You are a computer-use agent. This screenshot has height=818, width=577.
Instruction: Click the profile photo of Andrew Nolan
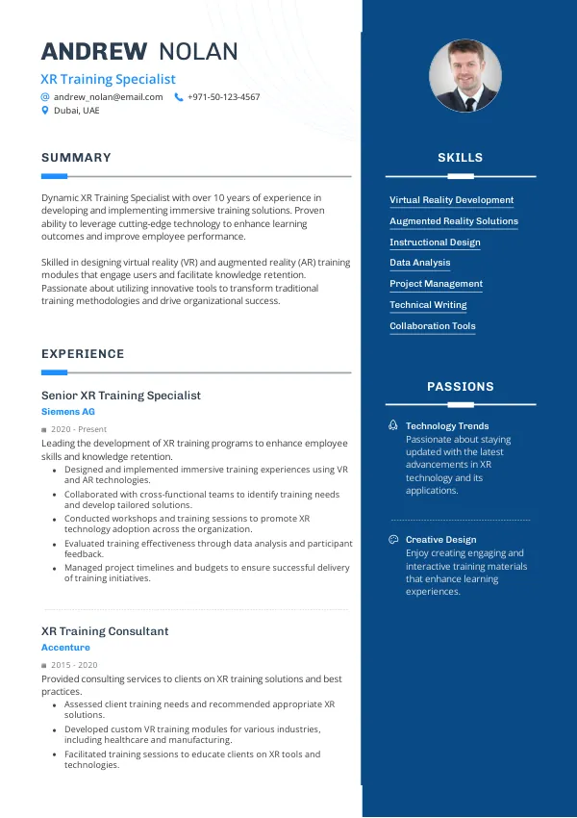[465, 76]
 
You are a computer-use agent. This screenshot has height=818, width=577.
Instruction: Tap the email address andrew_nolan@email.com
[109, 97]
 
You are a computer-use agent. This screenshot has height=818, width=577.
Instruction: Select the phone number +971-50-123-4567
[223, 97]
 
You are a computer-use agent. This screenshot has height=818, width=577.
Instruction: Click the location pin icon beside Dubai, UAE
[44, 111]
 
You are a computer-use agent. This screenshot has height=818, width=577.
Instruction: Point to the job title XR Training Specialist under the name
[108, 79]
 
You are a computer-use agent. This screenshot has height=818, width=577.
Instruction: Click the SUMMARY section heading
[76, 158]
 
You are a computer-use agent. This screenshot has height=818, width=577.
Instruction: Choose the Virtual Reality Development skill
[451, 200]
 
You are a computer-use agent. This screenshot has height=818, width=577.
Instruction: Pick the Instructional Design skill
[435, 243]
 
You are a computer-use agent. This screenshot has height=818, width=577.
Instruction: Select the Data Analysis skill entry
[419, 263]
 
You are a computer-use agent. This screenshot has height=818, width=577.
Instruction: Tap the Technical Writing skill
[428, 305]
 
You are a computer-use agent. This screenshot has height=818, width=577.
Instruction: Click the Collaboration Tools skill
[433, 326]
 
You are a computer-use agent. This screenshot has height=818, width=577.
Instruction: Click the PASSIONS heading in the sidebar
[460, 387]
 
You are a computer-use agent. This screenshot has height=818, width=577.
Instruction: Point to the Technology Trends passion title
[447, 426]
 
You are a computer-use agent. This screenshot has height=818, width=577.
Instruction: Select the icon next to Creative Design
[393, 540]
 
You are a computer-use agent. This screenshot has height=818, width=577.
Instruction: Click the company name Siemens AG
[67, 412]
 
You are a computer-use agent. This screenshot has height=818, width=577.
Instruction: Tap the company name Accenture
[65, 648]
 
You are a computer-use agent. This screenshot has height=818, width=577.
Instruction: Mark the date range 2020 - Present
[79, 429]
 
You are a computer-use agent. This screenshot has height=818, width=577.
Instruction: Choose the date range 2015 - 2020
[74, 665]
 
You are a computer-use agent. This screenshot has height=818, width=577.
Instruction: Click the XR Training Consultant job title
[105, 631]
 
